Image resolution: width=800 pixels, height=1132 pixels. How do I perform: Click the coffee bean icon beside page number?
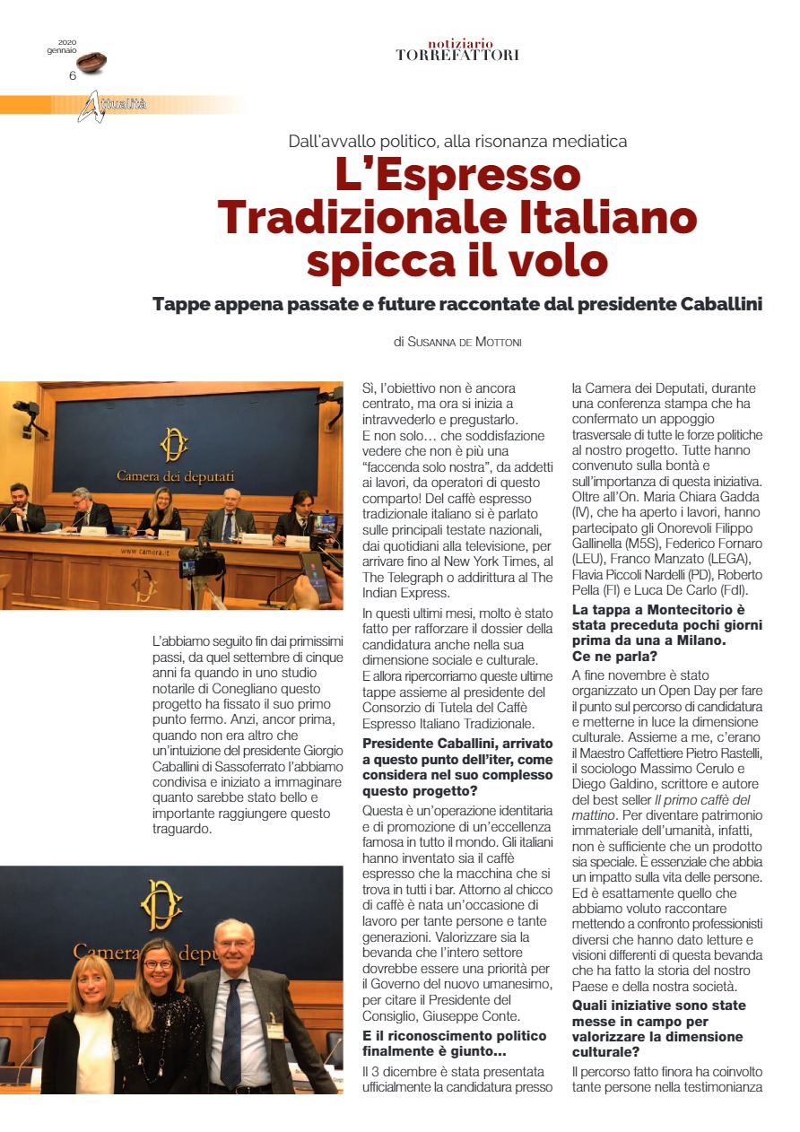pos(91,62)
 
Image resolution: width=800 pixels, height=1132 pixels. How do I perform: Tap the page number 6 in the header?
pos(73,75)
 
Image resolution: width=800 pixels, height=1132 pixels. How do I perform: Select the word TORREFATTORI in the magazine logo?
pos(457,55)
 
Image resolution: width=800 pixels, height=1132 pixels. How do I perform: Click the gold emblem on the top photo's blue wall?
pos(173,444)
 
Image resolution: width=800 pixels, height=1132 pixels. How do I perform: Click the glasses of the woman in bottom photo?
pos(158,965)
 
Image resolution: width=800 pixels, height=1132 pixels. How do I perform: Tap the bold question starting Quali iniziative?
pos(658,1021)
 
